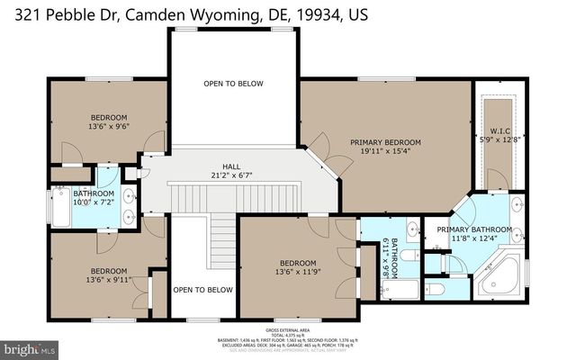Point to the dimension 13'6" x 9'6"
(109, 127)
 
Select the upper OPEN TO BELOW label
(233, 84)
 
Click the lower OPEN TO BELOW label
(202, 290)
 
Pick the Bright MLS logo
(30, 346)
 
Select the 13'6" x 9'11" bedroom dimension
(109, 280)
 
